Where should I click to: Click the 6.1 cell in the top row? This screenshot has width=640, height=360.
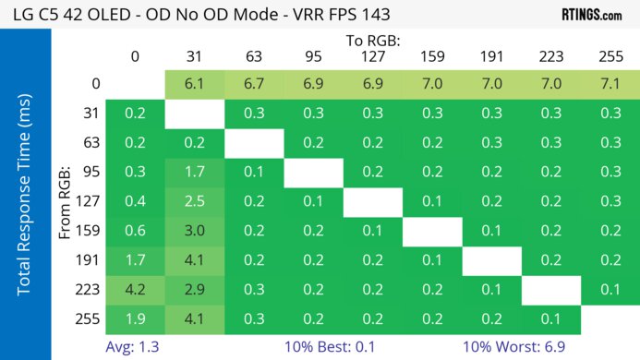[x=194, y=83]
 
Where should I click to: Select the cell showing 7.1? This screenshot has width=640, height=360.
[x=610, y=83]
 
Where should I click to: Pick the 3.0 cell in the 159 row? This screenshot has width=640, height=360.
[x=194, y=232]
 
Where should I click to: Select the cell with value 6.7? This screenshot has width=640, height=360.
[x=253, y=83]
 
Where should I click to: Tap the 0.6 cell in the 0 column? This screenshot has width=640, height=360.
[x=135, y=232]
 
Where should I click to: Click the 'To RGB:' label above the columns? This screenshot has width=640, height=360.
[x=372, y=42]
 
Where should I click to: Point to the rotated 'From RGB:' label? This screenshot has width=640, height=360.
[x=67, y=202]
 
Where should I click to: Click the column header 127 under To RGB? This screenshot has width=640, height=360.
[x=372, y=56]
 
